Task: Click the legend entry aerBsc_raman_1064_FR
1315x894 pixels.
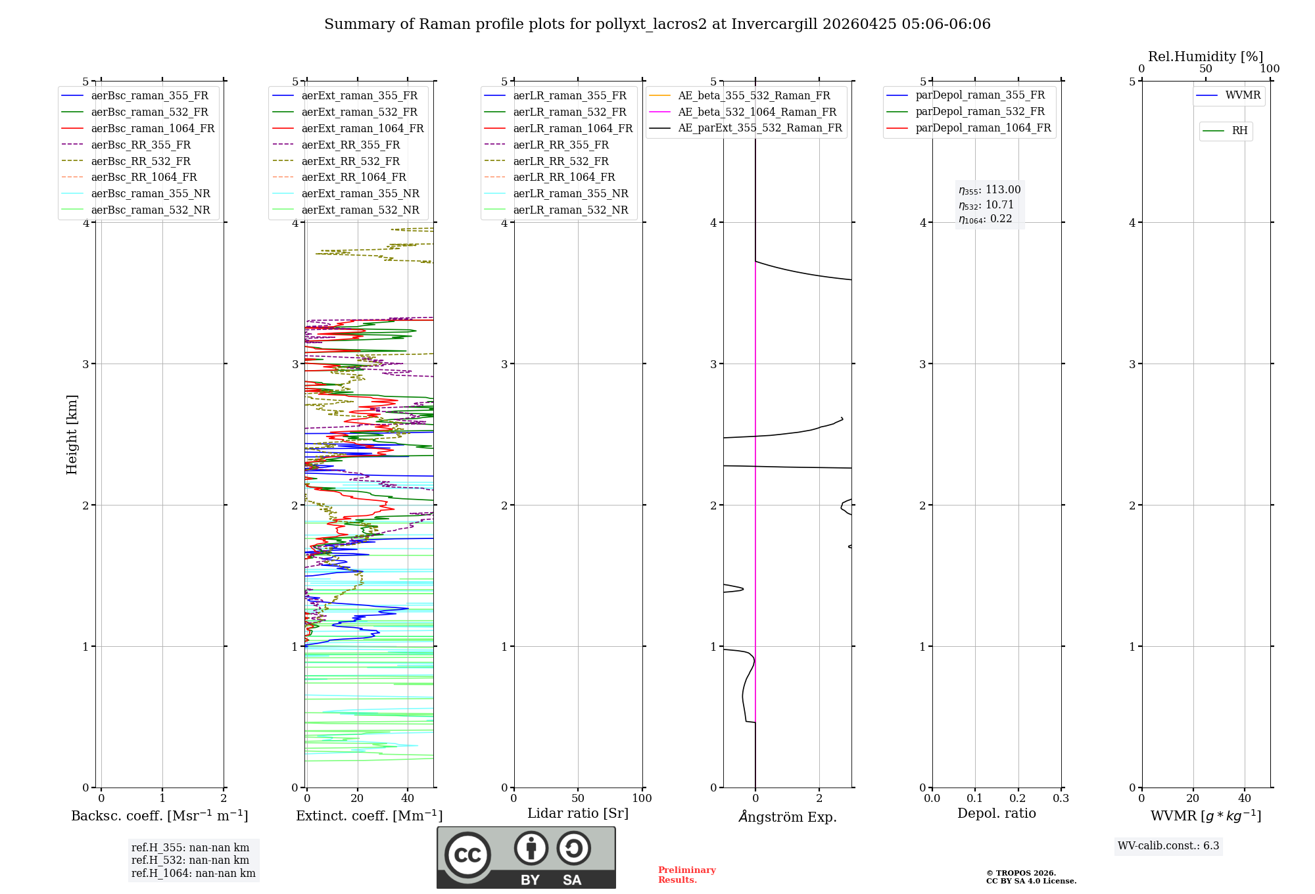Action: click(x=153, y=128)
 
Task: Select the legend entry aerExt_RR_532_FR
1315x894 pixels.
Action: click(x=350, y=161)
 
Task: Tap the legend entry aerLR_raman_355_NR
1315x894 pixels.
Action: click(x=570, y=193)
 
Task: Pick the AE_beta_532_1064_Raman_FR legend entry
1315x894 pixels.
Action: click(x=757, y=112)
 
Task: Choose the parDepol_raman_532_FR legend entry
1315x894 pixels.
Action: click(x=980, y=111)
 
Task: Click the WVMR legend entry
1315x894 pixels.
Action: click(x=1243, y=95)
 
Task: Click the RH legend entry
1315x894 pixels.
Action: click(x=1239, y=131)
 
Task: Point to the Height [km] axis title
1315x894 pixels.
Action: click(x=72, y=435)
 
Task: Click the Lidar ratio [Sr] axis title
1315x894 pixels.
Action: click(x=578, y=813)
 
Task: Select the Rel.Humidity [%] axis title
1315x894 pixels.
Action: click(x=1205, y=57)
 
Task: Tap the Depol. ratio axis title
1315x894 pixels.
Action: click(x=996, y=813)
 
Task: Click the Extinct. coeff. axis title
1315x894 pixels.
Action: click(x=369, y=816)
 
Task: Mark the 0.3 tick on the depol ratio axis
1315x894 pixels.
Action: click(x=1061, y=798)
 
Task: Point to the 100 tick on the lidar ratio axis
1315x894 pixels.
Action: click(x=642, y=798)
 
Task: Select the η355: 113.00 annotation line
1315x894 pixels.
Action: click(x=990, y=190)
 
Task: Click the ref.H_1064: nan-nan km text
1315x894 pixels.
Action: click(x=193, y=873)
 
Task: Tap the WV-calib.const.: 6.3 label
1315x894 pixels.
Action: click(x=1168, y=845)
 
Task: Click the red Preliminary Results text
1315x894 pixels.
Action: click(x=686, y=875)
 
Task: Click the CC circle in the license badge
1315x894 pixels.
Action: click(x=467, y=855)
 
